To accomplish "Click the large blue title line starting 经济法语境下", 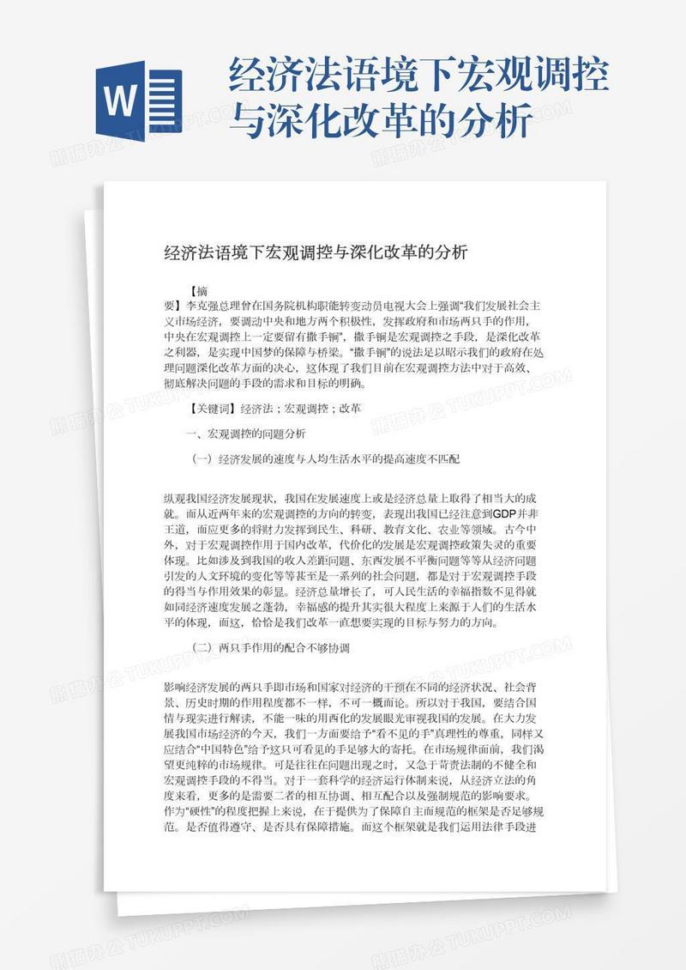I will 418,78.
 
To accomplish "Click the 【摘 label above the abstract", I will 198,291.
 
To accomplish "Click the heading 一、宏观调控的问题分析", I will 245,433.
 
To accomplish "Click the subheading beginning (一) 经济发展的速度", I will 326,459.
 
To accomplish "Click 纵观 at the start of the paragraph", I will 174,498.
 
